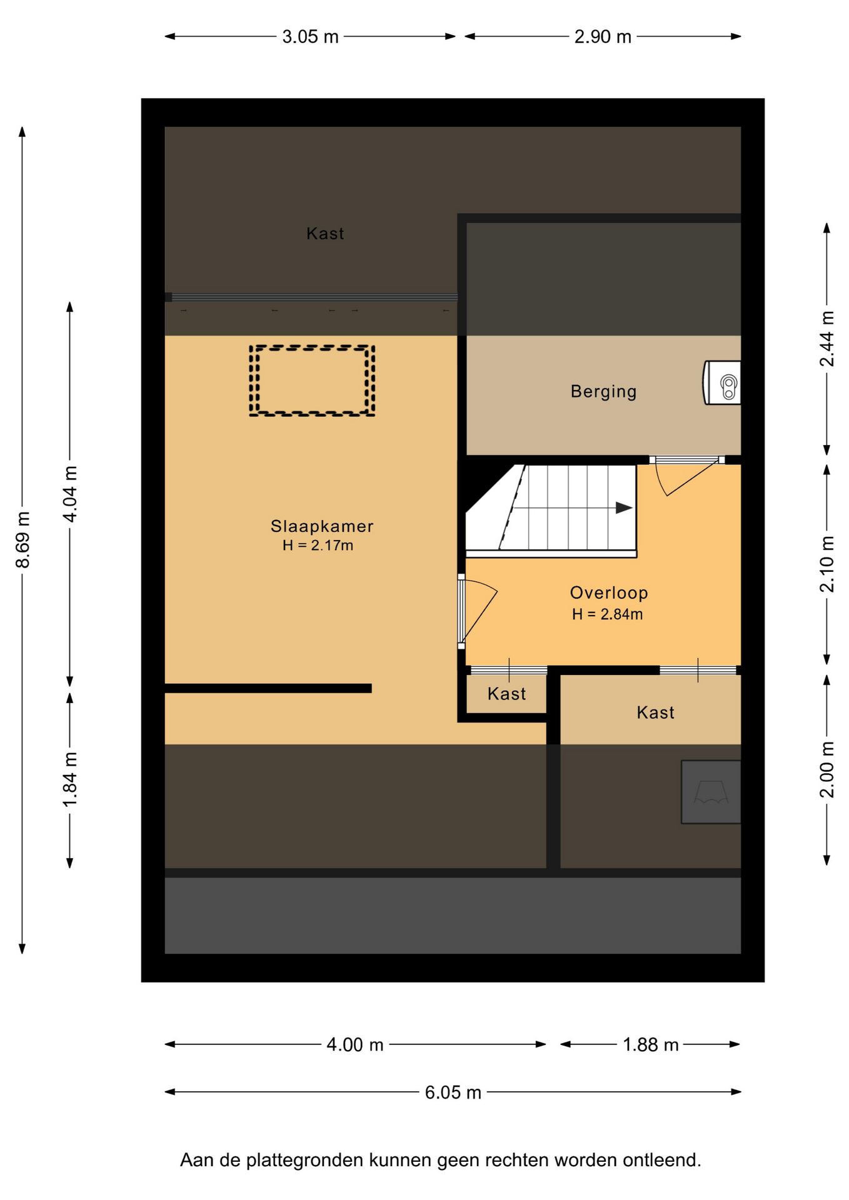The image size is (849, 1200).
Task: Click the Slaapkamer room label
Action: tap(322, 526)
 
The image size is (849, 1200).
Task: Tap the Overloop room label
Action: tap(609, 592)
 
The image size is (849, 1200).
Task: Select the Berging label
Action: tap(603, 391)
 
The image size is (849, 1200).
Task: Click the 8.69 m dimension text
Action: tap(23, 539)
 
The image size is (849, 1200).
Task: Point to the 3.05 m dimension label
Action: tap(310, 37)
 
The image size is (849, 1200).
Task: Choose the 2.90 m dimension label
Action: tap(603, 37)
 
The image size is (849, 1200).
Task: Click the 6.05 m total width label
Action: tap(453, 1092)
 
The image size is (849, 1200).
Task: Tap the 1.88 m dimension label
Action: tap(650, 1044)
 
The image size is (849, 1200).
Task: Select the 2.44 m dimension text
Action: tap(827, 338)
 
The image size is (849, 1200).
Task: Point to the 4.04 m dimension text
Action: tap(70, 494)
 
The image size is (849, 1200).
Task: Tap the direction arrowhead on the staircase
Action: tap(624, 507)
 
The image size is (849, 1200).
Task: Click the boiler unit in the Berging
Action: tap(722, 382)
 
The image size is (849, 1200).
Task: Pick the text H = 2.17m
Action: tap(318, 545)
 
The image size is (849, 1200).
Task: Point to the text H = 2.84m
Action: tap(607, 614)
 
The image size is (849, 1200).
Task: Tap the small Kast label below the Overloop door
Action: tap(506, 694)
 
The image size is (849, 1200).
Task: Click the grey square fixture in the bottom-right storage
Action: tap(711, 792)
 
